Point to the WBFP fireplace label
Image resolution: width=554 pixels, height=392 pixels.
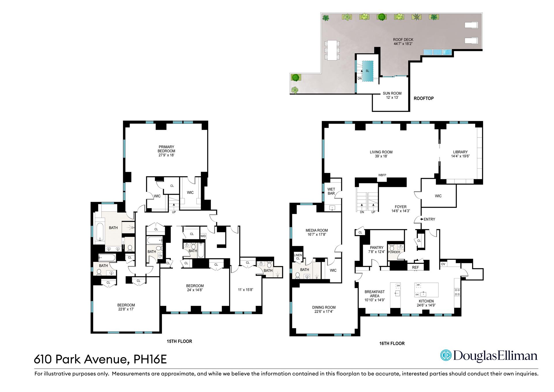pyautogui.click(x=382, y=175)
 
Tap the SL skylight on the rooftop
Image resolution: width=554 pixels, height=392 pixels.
pyautogui.click(x=367, y=71)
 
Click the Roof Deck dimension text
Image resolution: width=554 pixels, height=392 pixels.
pyautogui.click(x=403, y=44)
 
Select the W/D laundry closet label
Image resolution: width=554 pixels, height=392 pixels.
pyautogui.click(x=203, y=236)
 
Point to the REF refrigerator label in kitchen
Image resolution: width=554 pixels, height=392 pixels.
pyautogui.click(x=415, y=267)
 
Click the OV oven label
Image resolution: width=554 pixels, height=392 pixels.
pyautogui.click(x=443, y=264)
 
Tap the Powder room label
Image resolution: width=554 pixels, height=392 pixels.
pyautogui.click(x=394, y=252)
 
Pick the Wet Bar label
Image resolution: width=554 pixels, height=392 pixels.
pyautogui.click(x=331, y=191)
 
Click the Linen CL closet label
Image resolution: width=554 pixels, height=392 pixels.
pyautogui.click(x=298, y=257)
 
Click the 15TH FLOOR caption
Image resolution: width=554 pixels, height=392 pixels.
pyautogui.click(x=179, y=341)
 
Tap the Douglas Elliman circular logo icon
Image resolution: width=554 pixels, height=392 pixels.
pyautogui.click(x=446, y=355)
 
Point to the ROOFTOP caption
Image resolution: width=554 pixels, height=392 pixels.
pyautogui.click(x=424, y=98)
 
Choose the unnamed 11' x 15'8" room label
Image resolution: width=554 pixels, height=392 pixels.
pyautogui.click(x=246, y=289)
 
